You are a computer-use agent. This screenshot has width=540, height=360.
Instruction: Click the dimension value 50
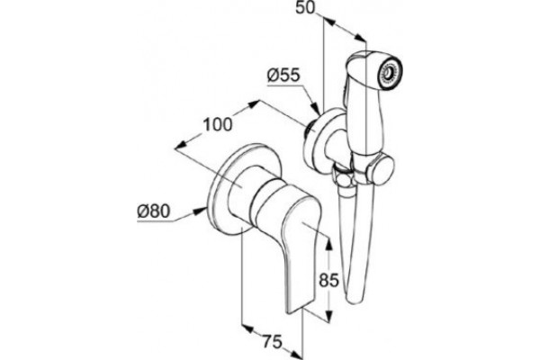pyautogui.click(x=305, y=7)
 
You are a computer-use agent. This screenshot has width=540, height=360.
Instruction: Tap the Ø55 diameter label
pyautogui.click(x=283, y=76)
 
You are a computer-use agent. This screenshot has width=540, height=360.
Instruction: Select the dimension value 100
pyautogui.click(x=217, y=124)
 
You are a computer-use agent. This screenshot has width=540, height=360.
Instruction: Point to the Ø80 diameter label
pyautogui.click(x=154, y=211)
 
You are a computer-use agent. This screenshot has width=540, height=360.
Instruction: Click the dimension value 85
pyautogui.click(x=328, y=280)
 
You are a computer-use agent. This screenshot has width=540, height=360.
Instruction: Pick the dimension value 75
pyautogui.click(x=273, y=342)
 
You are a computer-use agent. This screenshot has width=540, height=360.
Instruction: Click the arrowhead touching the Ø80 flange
pyautogui.click(x=199, y=211)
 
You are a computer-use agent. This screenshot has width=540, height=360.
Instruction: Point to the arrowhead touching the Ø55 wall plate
pyautogui.click(x=315, y=108)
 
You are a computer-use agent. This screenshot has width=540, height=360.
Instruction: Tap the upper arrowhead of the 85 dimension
pyautogui.click(x=328, y=243)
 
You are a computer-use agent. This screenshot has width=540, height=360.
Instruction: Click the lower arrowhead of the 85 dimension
pyautogui.click(x=328, y=315)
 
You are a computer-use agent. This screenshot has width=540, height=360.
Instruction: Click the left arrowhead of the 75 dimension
pyautogui.click(x=247, y=328)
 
